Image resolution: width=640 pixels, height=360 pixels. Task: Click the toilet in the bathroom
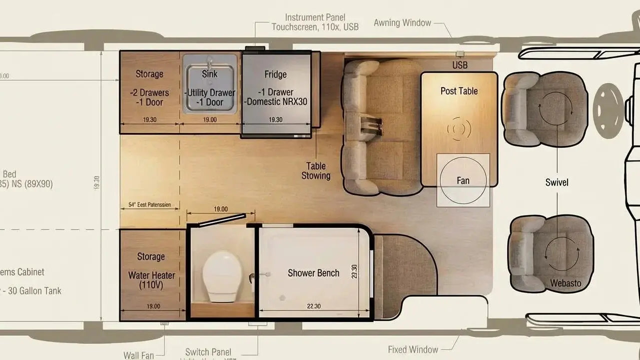tap(222, 276)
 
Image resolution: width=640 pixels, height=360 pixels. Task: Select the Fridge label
tap(275, 74)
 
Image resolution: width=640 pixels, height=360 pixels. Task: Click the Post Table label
tap(459, 91)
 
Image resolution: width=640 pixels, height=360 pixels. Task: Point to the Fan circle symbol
tap(463, 180)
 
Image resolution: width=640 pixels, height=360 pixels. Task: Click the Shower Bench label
tap(313, 273)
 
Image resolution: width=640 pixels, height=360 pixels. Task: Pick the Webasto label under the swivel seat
tap(566, 283)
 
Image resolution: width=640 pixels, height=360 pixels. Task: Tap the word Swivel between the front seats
tap(557, 182)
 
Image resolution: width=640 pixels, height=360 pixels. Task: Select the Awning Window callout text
tap(402, 23)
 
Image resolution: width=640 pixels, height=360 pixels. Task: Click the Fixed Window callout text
tap(413, 349)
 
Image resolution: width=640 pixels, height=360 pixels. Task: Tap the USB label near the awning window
tap(460, 65)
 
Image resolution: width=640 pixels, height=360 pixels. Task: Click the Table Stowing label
tap(316, 171)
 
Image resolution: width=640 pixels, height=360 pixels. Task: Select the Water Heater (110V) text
tap(151, 280)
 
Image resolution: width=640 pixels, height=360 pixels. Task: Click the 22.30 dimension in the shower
tap(314, 306)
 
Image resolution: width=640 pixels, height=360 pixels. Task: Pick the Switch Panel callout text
tap(208, 352)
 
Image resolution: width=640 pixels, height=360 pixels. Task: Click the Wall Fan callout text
tap(138, 355)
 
